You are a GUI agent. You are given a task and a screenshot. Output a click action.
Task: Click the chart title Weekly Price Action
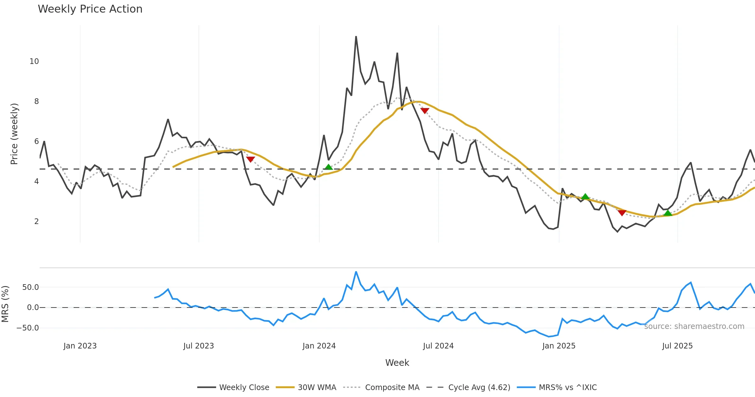click(90, 9)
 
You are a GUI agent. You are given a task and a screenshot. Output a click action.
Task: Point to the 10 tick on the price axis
click(34, 61)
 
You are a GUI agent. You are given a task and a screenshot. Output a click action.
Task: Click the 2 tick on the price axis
click(36, 222)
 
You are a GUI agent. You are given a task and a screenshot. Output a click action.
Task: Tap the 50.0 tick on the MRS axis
click(31, 287)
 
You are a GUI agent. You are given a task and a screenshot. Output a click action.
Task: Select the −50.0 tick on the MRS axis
click(28, 328)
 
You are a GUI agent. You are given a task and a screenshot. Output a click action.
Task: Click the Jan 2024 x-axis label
click(319, 346)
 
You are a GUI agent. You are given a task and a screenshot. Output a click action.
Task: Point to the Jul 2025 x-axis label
click(677, 346)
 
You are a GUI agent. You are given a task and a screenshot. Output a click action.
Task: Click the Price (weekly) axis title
click(14, 134)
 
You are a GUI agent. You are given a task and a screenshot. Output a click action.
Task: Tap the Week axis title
click(397, 363)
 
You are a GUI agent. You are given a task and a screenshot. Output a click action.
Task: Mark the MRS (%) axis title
click(5, 304)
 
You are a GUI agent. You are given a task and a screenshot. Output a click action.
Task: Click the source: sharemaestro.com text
click(694, 326)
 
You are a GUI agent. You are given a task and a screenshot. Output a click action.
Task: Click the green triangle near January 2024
click(328, 167)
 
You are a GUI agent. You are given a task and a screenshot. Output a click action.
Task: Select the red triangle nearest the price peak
click(425, 111)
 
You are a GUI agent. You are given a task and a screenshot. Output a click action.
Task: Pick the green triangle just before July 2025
click(668, 213)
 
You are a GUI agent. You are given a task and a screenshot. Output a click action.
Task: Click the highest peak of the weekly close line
click(356, 37)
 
